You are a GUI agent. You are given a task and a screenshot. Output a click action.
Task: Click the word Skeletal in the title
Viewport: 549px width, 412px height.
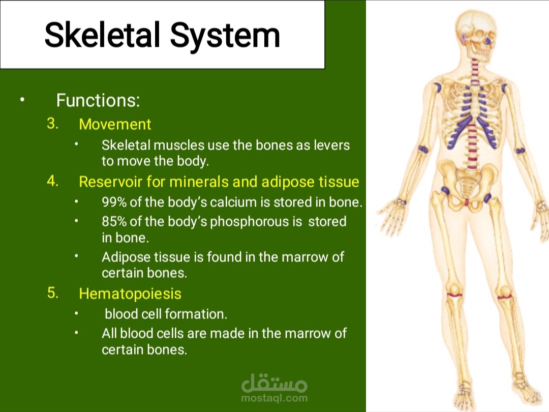tap(102, 35)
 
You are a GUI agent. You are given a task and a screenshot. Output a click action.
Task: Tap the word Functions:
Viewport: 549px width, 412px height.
tap(98, 101)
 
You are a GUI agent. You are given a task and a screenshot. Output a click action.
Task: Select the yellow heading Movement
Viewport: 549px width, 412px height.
tap(115, 125)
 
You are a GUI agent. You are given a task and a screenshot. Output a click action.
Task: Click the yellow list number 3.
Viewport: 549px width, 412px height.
tap(52, 123)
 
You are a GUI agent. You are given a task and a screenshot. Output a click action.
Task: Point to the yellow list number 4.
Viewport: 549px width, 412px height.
tap(52, 181)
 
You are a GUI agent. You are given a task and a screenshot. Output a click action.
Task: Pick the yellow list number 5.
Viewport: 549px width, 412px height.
tap(52, 293)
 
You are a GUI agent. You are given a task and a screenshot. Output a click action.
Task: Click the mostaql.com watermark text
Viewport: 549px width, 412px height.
tap(274, 398)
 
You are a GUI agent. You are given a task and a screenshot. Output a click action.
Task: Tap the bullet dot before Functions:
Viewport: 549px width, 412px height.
tap(22, 100)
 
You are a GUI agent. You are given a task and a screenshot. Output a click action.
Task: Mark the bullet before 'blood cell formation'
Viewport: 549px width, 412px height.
tap(76, 313)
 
